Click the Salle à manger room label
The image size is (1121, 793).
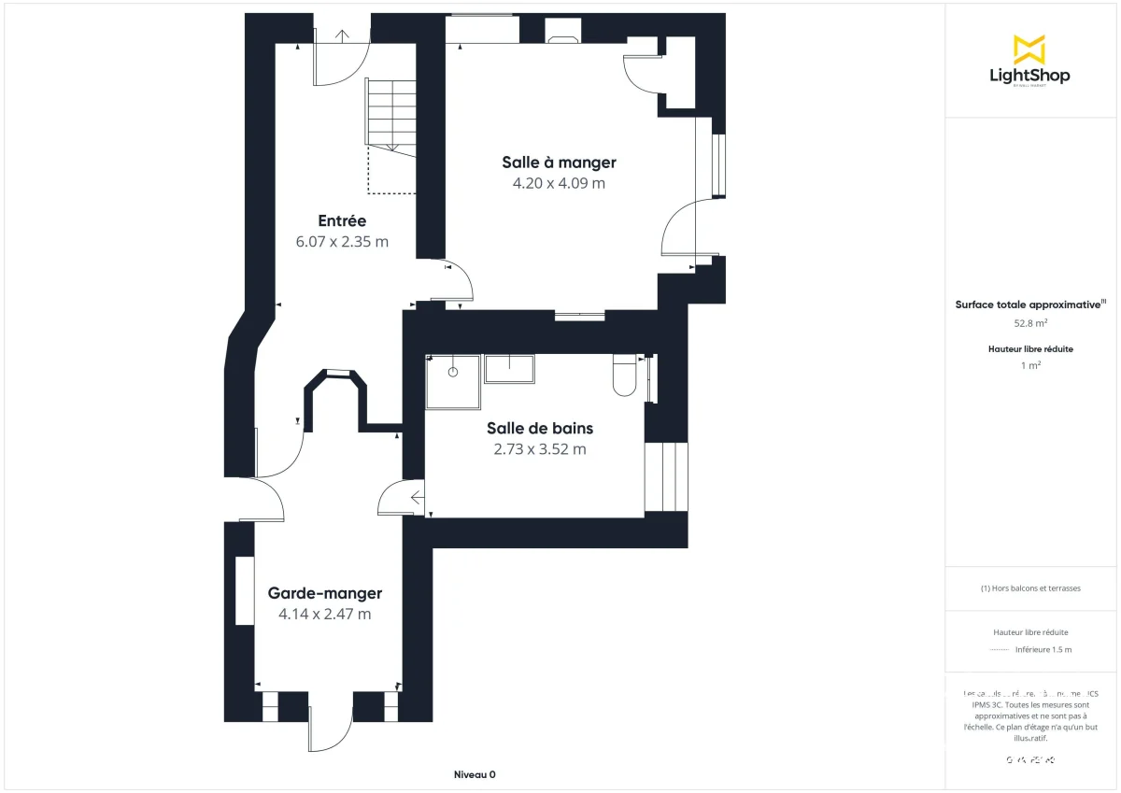pyautogui.click(x=559, y=163)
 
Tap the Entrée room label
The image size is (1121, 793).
pyautogui.click(x=342, y=221)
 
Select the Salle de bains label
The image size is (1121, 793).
pyautogui.click(x=539, y=429)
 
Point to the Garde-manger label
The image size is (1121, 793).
pyautogui.click(x=324, y=593)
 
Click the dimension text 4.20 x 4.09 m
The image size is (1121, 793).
pyautogui.click(x=559, y=183)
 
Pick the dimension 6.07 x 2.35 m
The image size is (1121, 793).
pyautogui.click(x=342, y=242)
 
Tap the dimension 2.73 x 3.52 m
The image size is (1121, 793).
pyautogui.click(x=539, y=449)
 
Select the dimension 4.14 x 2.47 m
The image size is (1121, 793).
pyautogui.click(x=324, y=614)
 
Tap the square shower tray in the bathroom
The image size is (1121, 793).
pyautogui.click(x=453, y=381)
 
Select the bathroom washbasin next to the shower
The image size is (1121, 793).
pyautogui.click(x=509, y=369)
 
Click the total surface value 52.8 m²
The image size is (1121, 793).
pyautogui.click(x=1030, y=323)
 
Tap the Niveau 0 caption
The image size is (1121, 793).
pyautogui.click(x=475, y=775)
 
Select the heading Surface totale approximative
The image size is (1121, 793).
pyautogui.click(x=1028, y=304)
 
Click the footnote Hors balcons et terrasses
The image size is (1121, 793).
pyautogui.click(x=1030, y=588)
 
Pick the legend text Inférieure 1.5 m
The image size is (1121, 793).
pyautogui.click(x=1043, y=649)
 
